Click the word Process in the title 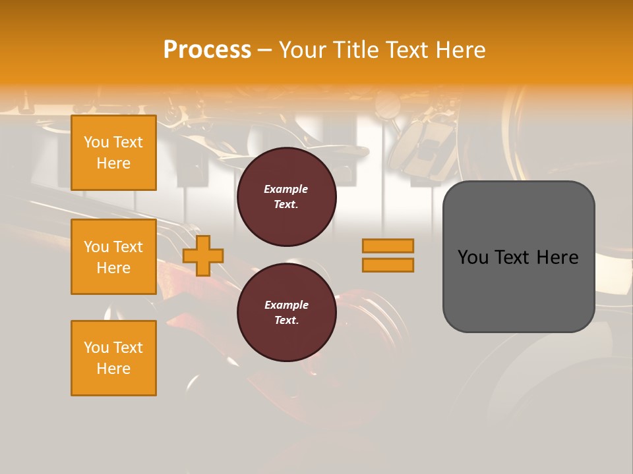(207, 50)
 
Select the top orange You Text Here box (113, 153)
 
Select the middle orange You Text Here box (113, 257)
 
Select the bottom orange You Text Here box (113, 358)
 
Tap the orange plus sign (203, 255)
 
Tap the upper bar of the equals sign (388, 246)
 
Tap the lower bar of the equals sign (388, 265)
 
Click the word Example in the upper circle (286, 189)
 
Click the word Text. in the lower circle (286, 321)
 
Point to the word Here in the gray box (557, 257)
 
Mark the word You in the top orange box (96, 142)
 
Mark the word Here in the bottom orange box (113, 369)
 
